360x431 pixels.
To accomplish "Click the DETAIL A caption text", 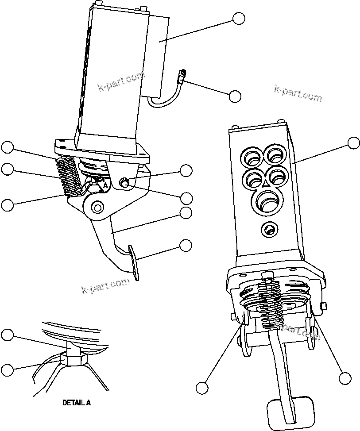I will point(76,403).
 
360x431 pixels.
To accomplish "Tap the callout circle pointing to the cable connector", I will point(235,96).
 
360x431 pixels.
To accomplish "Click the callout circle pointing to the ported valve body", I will point(353,143).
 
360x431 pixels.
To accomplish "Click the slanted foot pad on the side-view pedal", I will point(133,262).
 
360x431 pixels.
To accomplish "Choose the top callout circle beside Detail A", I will point(7,335).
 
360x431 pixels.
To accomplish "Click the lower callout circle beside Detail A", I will point(7,369).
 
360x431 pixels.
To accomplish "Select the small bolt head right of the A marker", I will point(125,181).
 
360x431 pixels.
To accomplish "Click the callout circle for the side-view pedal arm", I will point(186,212).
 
